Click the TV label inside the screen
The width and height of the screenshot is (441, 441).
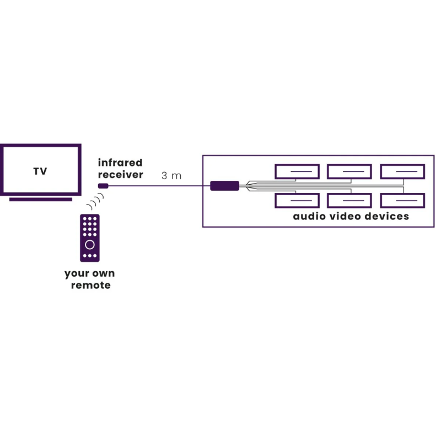[x=40, y=171]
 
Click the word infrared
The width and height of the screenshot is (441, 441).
[x=120, y=163]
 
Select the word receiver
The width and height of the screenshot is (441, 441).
[x=120, y=175]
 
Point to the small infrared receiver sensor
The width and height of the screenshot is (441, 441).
[x=103, y=186]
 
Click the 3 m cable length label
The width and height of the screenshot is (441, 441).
[x=171, y=176]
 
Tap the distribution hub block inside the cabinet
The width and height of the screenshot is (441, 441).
[x=224, y=186]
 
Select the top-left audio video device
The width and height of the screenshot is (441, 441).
[x=297, y=171]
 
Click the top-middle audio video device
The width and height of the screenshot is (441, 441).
[x=349, y=171]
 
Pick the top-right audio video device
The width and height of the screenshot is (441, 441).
[x=402, y=171]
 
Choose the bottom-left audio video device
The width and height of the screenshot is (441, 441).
[x=297, y=201]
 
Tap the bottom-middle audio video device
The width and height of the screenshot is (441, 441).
[x=349, y=201]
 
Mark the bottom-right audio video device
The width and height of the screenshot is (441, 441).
[x=402, y=201]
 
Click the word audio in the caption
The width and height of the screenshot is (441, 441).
[x=309, y=216]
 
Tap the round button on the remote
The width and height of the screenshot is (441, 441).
[x=90, y=244]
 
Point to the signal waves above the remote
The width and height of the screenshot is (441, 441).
[x=95, y=202]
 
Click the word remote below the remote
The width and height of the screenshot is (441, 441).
[x=90, y=285]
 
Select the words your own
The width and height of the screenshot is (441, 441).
[x=89, y=273]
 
